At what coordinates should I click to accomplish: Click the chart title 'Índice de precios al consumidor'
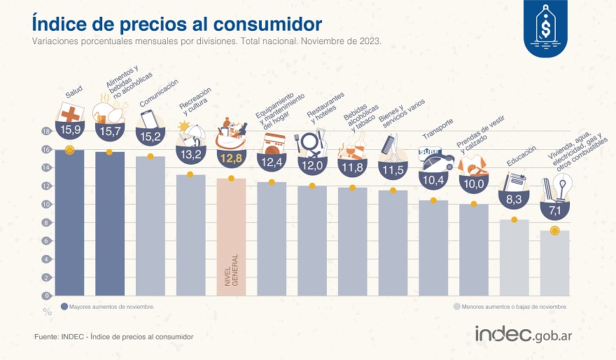176,23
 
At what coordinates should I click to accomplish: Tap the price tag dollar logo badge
545,29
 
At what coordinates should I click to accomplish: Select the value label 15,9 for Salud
71,130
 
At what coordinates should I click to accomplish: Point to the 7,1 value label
554,210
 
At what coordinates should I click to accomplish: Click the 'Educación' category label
521,158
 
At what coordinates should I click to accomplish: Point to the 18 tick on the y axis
46,132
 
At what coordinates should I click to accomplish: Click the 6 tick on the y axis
47,241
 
